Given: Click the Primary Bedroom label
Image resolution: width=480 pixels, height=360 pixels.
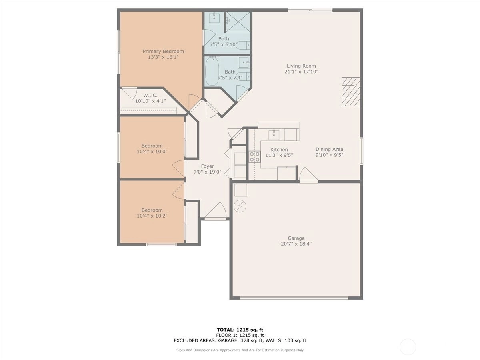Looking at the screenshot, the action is pyautogui.click(x=163, y=51).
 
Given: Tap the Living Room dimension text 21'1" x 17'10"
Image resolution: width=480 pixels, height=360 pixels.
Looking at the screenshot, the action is pyautogui.click(x=301, y=72).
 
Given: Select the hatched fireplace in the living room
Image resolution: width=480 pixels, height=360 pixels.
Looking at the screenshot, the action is pyautogui.click(x=351, y=92).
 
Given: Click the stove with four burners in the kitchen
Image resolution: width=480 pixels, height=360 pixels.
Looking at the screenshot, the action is pyautogui.click(x=255, y=157).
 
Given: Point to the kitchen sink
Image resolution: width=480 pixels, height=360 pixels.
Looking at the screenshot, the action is pyautogui.click(x=274, y=135).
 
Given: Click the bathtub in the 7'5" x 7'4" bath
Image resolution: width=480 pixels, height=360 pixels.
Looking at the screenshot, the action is pyautogui.click(x=212, y=71).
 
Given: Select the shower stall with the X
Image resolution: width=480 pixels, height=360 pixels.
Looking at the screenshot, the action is pyautogui.click(x=238, y=22).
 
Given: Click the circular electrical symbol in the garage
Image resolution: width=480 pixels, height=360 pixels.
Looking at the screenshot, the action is pyautogui.click(x=240, y=206).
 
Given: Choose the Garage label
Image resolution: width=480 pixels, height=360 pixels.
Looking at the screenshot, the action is pyautogui.click(x=296, y=238).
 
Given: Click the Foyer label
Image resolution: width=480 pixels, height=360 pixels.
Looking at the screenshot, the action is pyautogui.click(x=207, y=166).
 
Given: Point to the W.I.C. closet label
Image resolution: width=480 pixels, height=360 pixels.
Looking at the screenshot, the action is pyautogui.click(x=150, y=95).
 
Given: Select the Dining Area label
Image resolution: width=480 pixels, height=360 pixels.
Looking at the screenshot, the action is pyautogui.click(x=329, y=149).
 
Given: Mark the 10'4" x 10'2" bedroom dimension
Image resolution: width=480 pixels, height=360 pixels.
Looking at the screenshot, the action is pyautogui.click(x=152, y=216).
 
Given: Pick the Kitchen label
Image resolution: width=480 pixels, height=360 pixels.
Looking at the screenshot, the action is pyautogui.click(x=279, y=150).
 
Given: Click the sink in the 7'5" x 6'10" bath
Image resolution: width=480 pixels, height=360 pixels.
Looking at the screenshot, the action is pyautogui.click(x=214, y=18).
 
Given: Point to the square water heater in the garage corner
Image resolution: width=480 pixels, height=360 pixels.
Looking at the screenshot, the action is pyautogui.click(x=241, y=190).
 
